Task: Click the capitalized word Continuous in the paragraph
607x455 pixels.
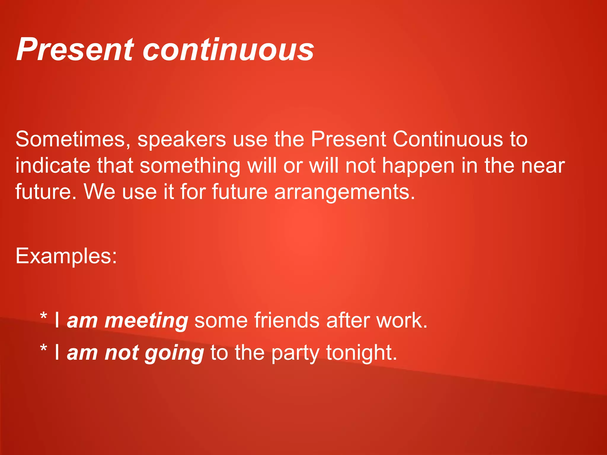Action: pyautogui.click(x=448, y=139)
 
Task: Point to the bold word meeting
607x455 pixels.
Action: pyautogui.click(x=146, y=321)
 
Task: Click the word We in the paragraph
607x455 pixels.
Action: pyautogui.click(x=100, y=192)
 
